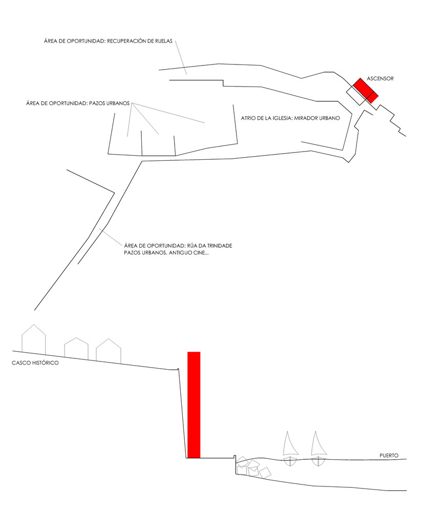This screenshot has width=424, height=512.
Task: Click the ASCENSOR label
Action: coord(380,78)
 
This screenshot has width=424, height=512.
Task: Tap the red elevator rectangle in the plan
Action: coord(366,91)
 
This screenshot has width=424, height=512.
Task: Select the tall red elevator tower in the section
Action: coord(194,405)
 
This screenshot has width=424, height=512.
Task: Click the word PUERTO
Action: coord(389,456)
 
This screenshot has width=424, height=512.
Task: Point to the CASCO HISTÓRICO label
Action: coord(35,363)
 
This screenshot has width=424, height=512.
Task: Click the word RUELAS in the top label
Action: coord(164,41)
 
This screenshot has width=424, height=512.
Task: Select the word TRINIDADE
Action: coord(219,246)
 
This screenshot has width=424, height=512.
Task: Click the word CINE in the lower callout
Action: coord(200,253)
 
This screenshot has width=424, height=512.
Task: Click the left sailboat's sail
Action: coord(290,444)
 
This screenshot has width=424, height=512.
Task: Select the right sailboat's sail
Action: coord(318,444)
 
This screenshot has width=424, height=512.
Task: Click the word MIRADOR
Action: coord(305,118)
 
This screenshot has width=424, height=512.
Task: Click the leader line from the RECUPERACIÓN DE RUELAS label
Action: coord(181,57)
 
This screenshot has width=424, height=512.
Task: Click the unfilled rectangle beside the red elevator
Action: coord(358,95)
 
